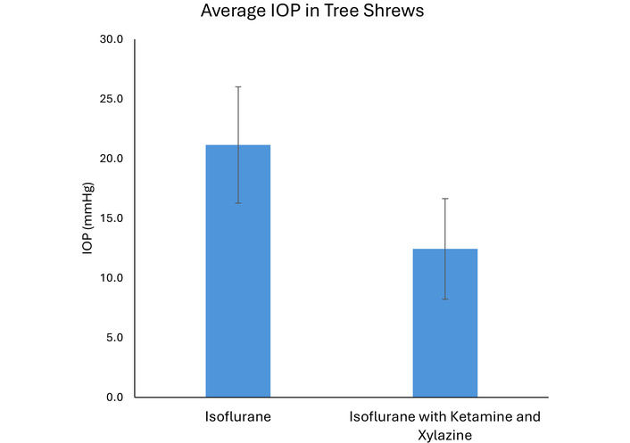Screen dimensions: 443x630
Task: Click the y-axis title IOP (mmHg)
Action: [x=87, y=218]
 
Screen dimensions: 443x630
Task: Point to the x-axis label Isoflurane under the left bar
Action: [x=238, y=417]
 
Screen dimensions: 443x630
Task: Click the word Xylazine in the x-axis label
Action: [x=444, y=434]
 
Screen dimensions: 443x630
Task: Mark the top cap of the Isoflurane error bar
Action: [x=238, y=86]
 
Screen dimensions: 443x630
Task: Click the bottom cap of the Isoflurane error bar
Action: [x=238, y=203]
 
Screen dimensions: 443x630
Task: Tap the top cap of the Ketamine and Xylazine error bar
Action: [x=444, y=199]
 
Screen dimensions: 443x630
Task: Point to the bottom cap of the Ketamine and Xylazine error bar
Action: [x=444, y=299]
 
